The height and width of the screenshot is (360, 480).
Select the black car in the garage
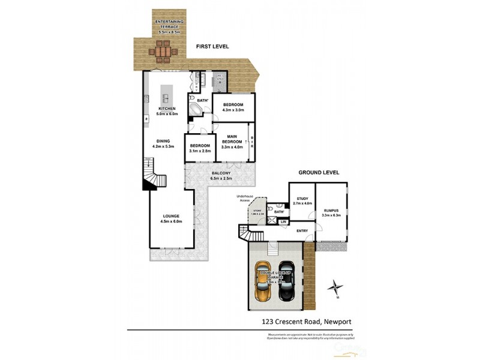tap(287, 281)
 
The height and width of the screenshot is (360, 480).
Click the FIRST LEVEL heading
tap(212, 46)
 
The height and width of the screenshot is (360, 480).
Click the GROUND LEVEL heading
tap(319, 173)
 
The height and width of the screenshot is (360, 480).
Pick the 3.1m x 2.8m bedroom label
tap(200, 148)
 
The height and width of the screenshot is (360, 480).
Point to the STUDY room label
tap(301, 201)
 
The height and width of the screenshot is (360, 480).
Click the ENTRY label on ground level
tap(302, 230)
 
